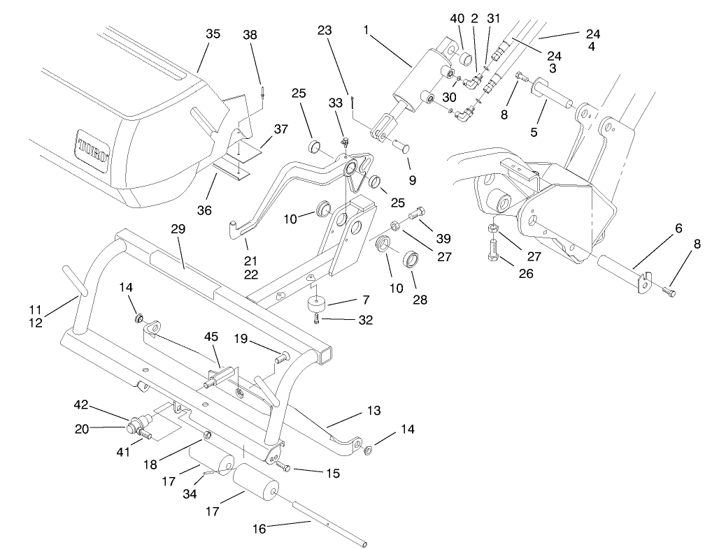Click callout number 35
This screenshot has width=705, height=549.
(x=213, y=34)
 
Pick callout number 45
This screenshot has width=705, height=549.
(x=211, y=336)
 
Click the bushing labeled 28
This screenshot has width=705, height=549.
(x=411, y=265)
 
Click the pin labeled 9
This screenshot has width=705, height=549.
(x=404, y=146)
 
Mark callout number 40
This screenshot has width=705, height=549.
(x=457, y=18)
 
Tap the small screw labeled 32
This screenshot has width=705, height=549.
(x=317, y=319)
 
